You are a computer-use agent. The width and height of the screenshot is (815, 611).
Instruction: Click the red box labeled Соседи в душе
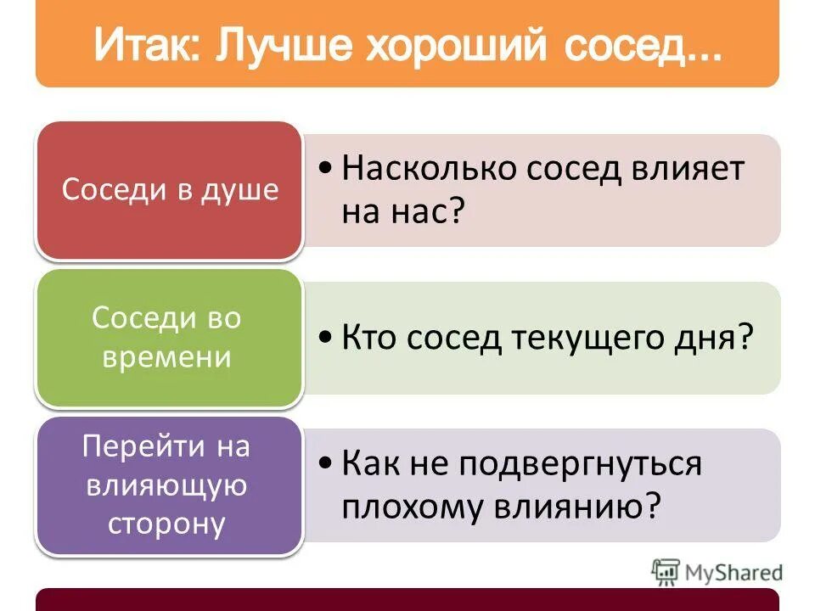[170, 189]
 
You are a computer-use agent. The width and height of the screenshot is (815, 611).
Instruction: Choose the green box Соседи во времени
[167, 337]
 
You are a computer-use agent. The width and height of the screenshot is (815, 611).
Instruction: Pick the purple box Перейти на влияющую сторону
[167, 485]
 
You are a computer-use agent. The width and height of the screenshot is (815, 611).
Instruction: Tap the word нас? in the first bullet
[431, 211]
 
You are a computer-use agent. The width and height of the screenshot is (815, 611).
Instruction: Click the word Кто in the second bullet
[368, 339]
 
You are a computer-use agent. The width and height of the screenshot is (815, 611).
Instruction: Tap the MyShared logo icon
[666, 572]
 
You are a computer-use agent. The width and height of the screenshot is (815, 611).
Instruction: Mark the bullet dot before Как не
[327, 464]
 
